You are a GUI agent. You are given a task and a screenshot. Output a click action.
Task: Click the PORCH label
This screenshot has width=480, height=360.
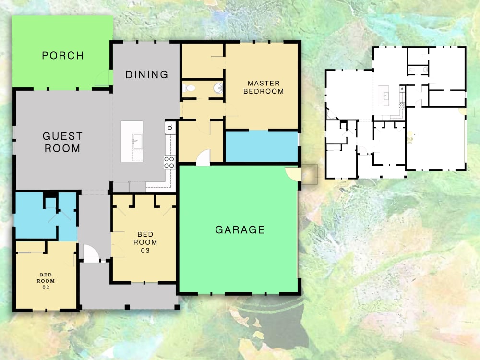point(63,55)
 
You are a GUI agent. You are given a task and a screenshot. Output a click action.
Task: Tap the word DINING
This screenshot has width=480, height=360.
point(147,74)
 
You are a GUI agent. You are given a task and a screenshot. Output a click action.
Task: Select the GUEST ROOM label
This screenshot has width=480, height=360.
point(62,142)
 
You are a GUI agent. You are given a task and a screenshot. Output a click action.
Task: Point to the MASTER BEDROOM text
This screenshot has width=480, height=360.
point(264,87)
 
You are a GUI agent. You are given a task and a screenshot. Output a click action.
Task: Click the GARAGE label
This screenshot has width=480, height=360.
point(240,229)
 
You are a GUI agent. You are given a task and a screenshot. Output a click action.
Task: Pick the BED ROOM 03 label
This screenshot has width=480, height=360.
point(145,242)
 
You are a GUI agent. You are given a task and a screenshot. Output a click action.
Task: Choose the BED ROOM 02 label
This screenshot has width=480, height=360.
point(46,281)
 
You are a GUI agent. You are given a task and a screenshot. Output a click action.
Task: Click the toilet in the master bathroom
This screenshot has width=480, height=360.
point(189,88)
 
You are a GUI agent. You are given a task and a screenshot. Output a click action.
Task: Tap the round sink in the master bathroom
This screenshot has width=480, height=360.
point(218,88)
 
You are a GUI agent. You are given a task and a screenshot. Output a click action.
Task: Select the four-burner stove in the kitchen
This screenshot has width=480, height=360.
point(169,162)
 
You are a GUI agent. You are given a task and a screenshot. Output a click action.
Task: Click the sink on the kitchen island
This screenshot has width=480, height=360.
point(137,142)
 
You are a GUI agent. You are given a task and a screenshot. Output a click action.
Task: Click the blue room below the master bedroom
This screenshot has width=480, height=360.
point(262,146)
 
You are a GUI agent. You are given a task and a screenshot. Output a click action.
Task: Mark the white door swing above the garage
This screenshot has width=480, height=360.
point(203,157)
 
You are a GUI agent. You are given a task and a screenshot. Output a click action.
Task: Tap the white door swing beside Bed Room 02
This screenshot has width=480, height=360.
point(91,253)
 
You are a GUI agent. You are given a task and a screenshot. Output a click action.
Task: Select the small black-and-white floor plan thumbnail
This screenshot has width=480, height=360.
point(396,112)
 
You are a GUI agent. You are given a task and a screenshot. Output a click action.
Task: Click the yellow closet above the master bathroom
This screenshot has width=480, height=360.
point(203,61)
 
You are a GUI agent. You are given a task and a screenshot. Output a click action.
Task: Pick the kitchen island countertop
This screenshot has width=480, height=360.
point(132,142)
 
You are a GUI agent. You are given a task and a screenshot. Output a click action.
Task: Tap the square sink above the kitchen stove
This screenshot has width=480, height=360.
point(170,127)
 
